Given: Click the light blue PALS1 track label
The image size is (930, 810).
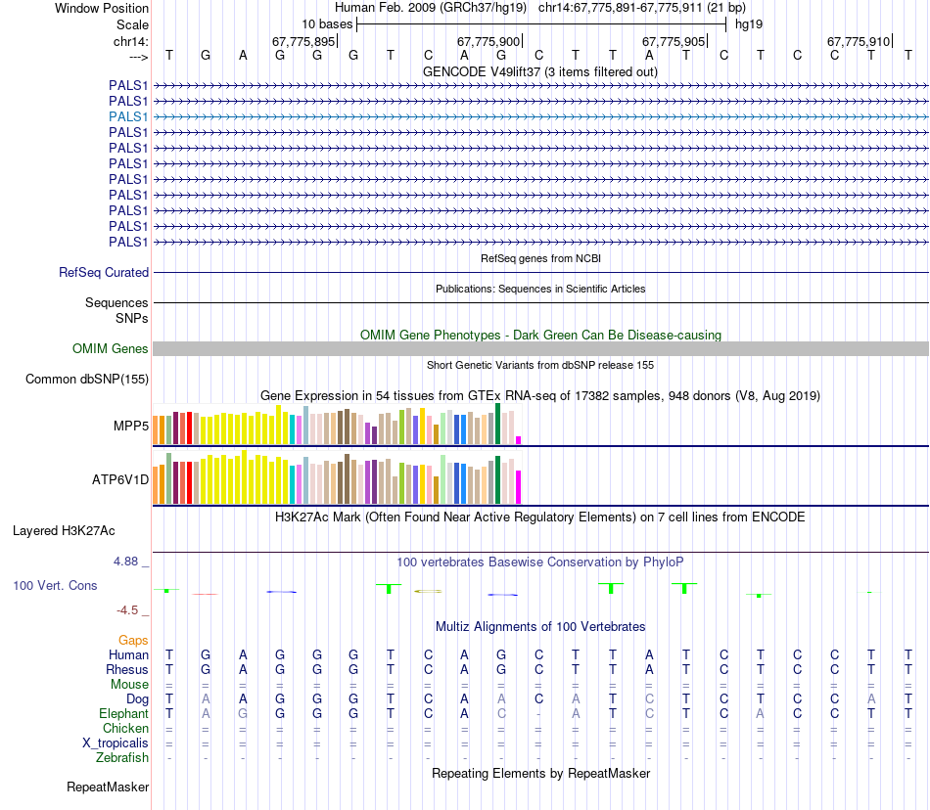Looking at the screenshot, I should pyautogui.click(x=128, y=116).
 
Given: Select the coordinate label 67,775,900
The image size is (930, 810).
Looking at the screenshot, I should pyautogui.click(x=488, y=41).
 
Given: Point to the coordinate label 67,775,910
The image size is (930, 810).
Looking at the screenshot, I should pyautogui.click(x=859, y=41).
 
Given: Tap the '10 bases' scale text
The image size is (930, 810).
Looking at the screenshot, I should pyautogui.click(x=327, y=23).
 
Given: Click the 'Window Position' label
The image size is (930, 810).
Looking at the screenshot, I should pyautogui.click(x=102, y=8).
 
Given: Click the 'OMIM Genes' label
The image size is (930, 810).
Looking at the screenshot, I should pyautogui.click(x=111, y=348).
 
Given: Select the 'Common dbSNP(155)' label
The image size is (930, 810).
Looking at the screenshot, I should pyautogui.click(x=87, y=380).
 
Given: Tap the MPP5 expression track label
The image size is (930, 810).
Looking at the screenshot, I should pyautogui.click(x=131, y=427).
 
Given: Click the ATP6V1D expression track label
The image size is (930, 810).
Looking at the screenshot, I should pyautogui.click(x=120, y=480).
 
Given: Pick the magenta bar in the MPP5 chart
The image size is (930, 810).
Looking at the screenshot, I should pyautogui.click(x=519, y=439).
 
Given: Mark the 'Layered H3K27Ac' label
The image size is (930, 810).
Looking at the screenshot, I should pyautogui.click(x=64, y=531).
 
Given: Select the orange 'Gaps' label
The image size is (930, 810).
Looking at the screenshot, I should pyautogui.click(x=133, y=639).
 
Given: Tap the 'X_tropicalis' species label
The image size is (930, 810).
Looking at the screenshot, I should pyautogui.click(x=116, y=742).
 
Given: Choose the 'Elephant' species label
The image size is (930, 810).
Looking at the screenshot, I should pyautogui.click(x=122, y=713).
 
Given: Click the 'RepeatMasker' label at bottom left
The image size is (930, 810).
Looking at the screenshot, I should pyautogui.click(x=108, y=787).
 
